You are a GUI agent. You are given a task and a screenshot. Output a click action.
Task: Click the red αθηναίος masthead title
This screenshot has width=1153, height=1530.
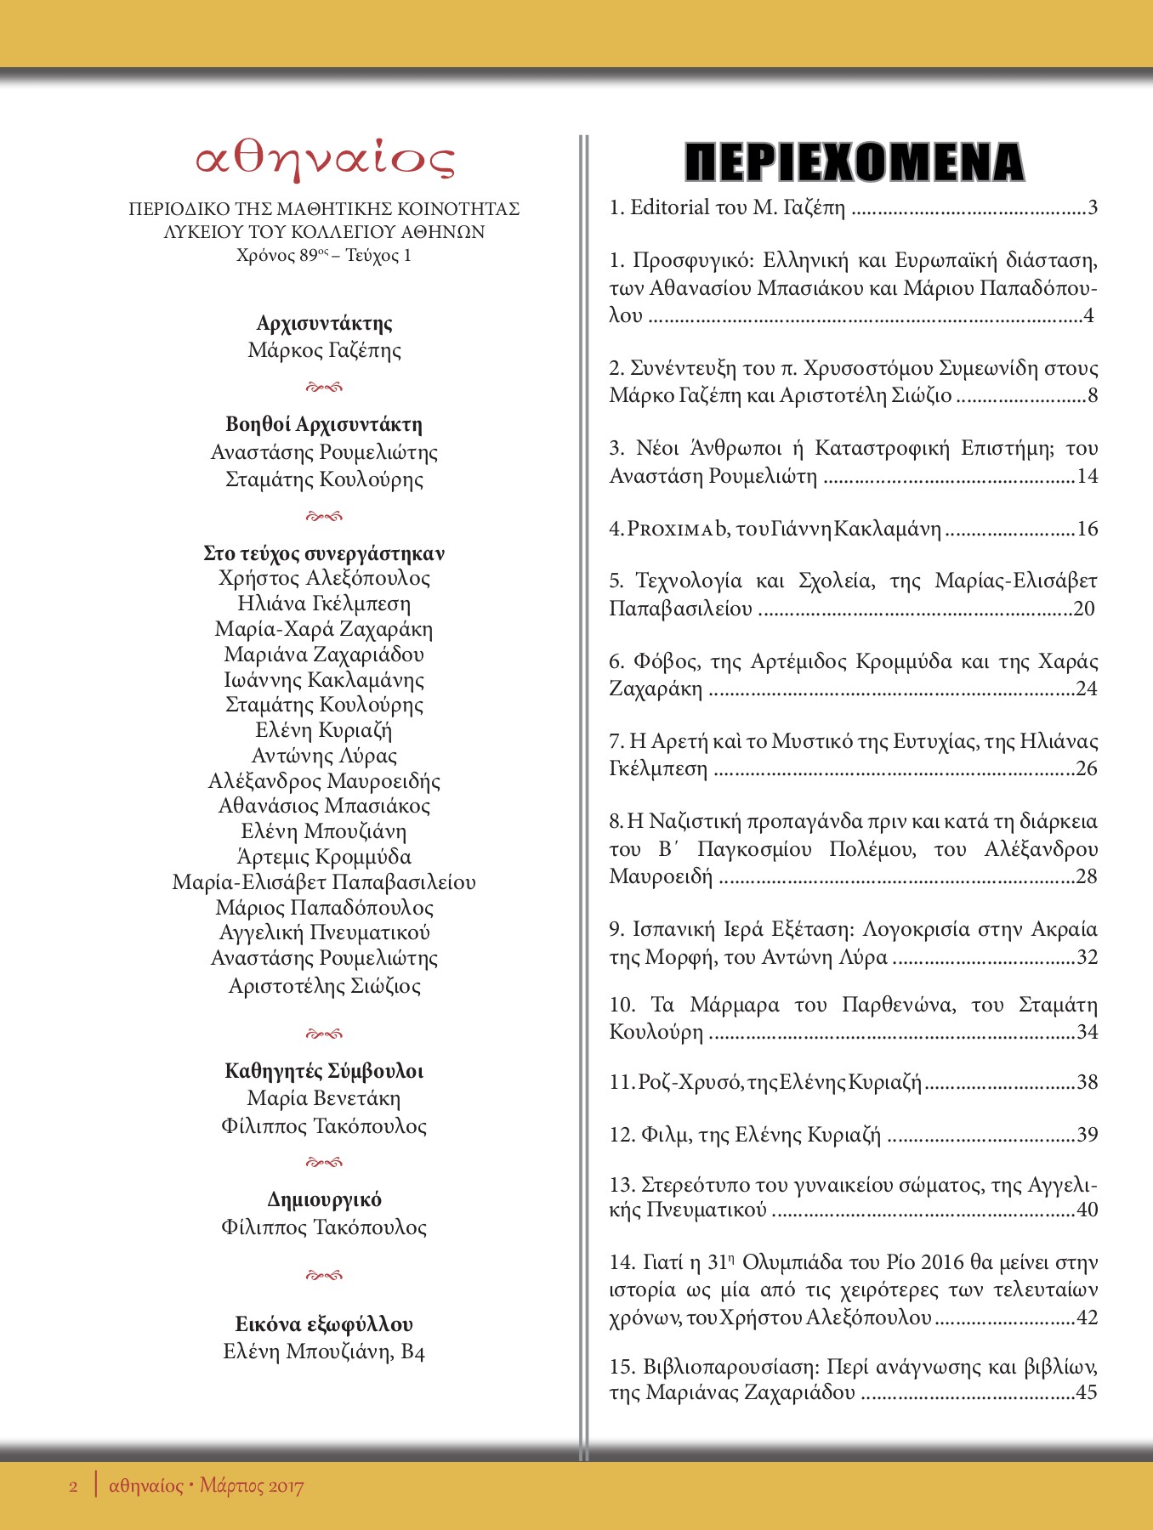tap(325, 159)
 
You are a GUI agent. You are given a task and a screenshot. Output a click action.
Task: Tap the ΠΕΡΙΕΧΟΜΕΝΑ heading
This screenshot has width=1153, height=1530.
tap(854, 162)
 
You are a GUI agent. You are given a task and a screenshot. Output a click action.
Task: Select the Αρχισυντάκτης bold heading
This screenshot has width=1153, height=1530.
tap(324, 323)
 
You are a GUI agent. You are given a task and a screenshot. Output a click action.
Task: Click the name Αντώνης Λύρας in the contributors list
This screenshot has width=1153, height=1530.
tap(324, 756)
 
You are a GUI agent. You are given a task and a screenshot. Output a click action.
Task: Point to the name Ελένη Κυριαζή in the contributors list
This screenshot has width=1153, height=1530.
tap(324, 730)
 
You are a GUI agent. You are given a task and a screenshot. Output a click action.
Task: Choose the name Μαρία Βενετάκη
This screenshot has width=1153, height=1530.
tap(324, 1098)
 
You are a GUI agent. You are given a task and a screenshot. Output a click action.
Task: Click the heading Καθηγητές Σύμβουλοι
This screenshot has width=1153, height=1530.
tap(324, 1070)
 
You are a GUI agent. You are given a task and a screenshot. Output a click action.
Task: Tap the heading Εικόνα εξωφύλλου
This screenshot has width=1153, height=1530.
tap(324, 1323)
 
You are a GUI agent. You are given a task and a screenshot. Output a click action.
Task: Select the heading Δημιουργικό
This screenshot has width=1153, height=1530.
tap(324, 1199)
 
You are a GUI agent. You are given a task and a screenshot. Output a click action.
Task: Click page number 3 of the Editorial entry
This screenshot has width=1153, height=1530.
tap(1093, 207)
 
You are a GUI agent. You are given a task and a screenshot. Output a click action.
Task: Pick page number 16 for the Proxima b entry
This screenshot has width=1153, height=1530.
tap(1088, 529)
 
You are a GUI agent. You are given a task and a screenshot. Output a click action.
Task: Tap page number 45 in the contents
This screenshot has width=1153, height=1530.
tap(1087, 1392)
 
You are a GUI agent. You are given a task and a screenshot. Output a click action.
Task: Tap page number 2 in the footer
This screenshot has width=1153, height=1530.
tap(73, 1487)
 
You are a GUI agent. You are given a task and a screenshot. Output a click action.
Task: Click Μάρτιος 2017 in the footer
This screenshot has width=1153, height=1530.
tap(252, 1487)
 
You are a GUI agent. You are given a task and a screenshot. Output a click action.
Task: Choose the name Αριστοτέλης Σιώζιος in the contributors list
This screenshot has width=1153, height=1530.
tap(324, 986)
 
